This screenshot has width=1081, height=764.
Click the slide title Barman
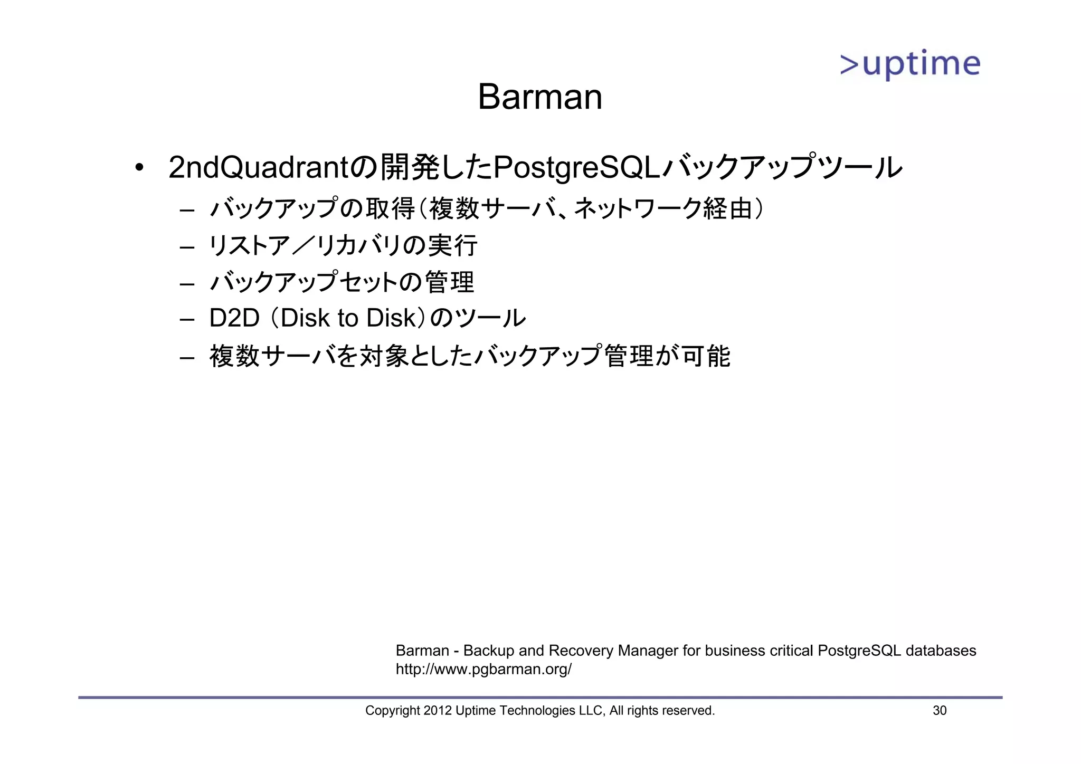[539, 97]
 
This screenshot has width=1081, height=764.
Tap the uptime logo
[910, 65]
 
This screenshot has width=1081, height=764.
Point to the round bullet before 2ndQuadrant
[139, 168]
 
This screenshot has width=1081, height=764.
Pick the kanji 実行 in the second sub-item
[452, 245]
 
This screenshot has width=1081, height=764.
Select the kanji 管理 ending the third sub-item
[449, 282]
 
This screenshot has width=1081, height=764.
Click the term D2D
[234, 318]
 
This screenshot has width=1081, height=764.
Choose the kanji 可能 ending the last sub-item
[706, 356]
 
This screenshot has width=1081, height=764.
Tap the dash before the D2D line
[187, 320]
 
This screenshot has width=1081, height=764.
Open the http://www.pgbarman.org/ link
[483, 669]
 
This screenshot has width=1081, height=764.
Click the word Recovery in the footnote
[581, 651]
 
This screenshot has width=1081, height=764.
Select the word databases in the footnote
[941, 651]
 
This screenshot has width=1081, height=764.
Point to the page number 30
[940, 711]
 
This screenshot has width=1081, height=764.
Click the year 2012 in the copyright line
[438, 711]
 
